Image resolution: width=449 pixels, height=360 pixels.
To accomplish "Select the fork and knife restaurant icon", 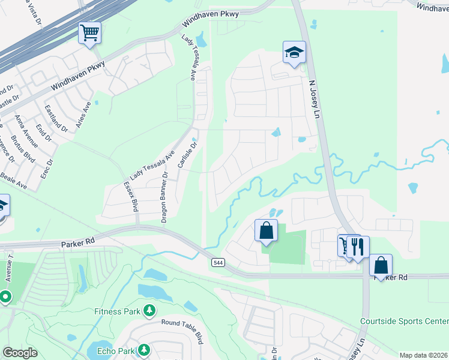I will [x=358, y=246].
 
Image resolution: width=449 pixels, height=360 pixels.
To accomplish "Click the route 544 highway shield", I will [x=218, y=262].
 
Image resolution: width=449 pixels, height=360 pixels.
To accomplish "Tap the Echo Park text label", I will [x=112, y=350].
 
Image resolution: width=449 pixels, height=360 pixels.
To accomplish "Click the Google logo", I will [x=20, y=353].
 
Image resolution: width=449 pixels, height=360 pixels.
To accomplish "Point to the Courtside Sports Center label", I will [x=404, y=321].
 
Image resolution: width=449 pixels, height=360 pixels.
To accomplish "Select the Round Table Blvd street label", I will [x=187, y=322].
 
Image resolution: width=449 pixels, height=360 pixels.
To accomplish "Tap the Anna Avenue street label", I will [x=27, y=131].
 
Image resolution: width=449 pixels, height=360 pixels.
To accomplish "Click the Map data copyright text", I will [x=423, y=355].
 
